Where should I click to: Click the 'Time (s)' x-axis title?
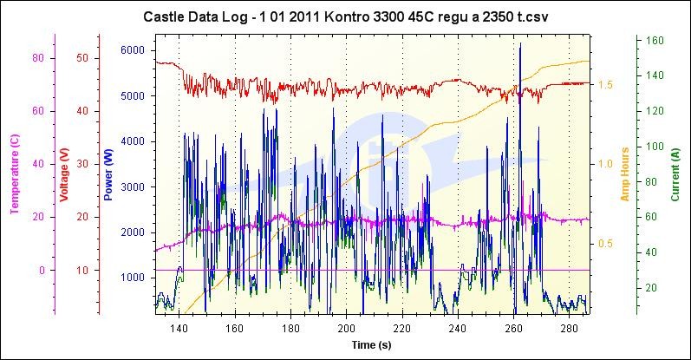pos(372,344)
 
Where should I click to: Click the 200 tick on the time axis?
pos(346,329)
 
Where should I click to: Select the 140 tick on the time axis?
pos(179,329)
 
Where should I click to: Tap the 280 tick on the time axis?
pos(570,329)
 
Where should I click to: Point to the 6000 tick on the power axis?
pos(132,50)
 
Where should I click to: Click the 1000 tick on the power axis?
pos(132,278)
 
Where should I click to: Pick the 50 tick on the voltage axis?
pos(82,58)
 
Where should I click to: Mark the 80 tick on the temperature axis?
pos(37,58)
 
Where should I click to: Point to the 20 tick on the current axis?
pos(656,288)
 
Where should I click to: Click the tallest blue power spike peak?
pos(520,43)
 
